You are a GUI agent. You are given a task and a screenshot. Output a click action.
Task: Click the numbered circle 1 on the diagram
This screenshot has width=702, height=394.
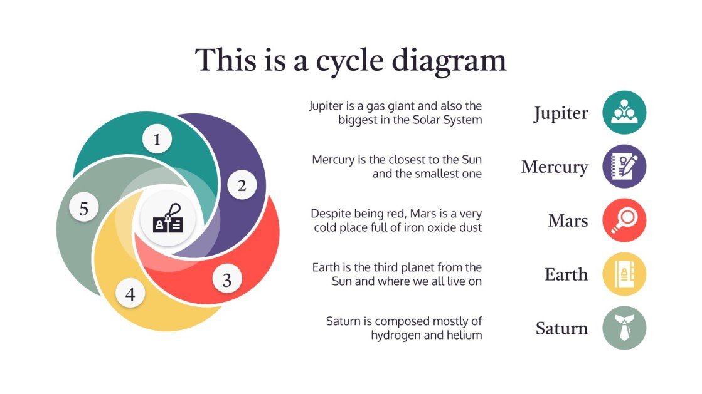click(157, 140)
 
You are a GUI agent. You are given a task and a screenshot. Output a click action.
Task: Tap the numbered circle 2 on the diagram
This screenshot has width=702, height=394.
click(242, 185)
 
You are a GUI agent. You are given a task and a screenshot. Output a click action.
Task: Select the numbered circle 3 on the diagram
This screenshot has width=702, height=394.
click(227, 280)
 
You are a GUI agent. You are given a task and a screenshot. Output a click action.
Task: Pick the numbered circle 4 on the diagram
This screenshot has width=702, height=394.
click(130, 294)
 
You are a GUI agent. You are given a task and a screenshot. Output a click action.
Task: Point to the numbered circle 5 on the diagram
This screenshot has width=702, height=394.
click(83, 209)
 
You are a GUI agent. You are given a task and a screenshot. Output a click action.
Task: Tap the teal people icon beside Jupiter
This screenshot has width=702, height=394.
click(624, 113)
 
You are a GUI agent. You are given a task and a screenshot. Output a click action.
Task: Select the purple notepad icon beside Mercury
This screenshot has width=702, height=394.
click(624, 167)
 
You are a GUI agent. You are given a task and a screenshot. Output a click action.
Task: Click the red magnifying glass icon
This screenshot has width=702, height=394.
click(624, 220)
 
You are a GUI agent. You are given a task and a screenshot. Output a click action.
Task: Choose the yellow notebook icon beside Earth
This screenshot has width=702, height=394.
click(624, 274)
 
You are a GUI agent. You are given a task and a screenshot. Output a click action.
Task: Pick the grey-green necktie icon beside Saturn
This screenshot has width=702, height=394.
click(624, 328)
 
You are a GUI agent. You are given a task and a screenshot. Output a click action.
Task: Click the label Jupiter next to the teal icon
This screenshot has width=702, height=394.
click(561, 114)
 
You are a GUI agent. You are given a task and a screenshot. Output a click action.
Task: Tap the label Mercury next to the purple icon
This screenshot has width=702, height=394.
click(555, 167)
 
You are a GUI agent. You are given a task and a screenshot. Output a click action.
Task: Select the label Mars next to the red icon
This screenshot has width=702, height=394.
click(568, 220)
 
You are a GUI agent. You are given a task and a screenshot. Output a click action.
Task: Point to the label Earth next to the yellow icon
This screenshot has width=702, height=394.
click(566, 274)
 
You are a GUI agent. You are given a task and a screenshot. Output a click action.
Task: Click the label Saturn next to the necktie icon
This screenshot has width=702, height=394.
click(561, 328)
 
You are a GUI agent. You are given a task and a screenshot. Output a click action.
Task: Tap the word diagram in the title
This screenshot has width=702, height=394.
click(449, 61)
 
